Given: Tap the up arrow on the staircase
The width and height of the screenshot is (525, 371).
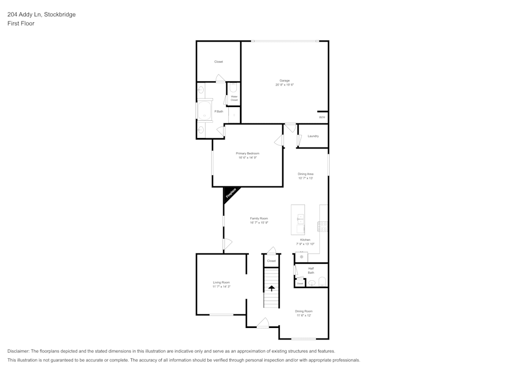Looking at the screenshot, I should (x=271, y=288).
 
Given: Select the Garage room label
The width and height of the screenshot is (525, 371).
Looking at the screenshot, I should (x=285, y=80).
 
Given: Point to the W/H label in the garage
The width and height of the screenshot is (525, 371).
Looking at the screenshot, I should (x=322, y=117).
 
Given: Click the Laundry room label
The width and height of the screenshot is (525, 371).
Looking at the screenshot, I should (x=313, y=136).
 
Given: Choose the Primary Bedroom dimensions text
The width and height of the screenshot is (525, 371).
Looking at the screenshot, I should (x=248, y=157).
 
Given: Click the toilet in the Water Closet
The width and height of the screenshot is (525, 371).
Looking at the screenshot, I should (x=234, y=88).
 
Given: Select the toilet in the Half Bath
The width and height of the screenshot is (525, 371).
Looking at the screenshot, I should (x=322, y=282).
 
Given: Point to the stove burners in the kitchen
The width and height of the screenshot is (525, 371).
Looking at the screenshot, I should (x=323, y=227).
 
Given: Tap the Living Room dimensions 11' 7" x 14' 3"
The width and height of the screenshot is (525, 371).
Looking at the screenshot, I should (x=222, y=287).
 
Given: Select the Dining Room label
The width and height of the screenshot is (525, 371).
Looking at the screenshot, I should (x=303, y=311).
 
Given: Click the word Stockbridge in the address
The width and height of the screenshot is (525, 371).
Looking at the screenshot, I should (x=59, y=15).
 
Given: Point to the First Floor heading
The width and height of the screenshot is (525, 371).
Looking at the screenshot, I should (x=21, y=24).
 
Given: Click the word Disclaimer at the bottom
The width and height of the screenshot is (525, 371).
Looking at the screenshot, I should (x=18, y=351).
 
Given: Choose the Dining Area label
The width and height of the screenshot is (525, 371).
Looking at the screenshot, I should (x=306, y=174).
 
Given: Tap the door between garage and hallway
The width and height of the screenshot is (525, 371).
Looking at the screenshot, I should (x=290, y=128).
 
